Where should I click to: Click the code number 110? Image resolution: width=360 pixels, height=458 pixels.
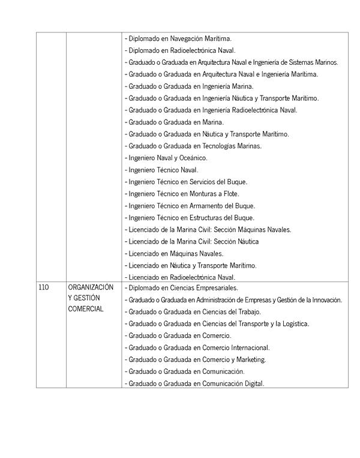coord(43,288)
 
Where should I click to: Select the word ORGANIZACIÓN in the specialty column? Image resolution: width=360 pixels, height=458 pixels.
coord(91,288)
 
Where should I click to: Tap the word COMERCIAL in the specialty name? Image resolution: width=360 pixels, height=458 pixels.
coord(86,309)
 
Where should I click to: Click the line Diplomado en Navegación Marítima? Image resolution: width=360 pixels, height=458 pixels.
coord(178,38)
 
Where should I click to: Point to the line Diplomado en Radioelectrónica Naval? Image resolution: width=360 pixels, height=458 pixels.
coord(180,50)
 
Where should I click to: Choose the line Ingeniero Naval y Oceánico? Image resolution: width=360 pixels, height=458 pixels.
coord(166,158)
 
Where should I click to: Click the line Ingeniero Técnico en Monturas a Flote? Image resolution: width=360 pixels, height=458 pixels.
coord(182,193)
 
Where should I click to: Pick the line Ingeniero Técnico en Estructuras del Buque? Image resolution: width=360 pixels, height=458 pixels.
coord(190,217)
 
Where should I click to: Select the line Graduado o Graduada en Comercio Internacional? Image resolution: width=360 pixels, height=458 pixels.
coord(197,348)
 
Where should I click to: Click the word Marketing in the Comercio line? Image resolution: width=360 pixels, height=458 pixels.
coord(251,360)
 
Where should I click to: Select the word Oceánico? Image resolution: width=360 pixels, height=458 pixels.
coord(193,158)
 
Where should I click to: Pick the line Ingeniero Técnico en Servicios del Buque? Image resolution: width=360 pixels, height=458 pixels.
coord(186,181)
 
